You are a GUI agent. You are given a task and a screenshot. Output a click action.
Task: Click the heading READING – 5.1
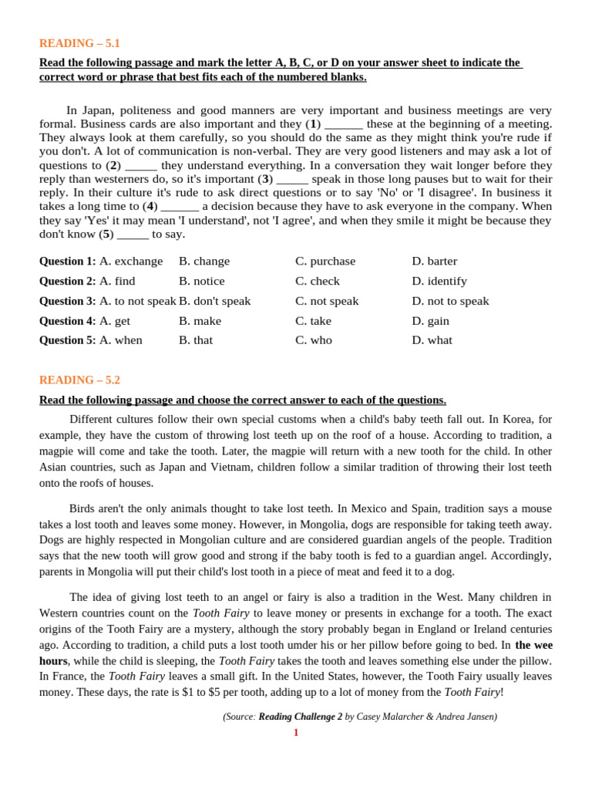79,43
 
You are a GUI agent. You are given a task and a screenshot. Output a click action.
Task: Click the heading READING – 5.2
79,380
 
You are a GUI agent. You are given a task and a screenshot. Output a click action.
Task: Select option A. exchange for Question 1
131,261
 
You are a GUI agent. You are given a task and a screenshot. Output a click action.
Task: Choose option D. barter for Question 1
434,261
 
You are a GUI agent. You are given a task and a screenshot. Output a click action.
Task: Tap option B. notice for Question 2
201,281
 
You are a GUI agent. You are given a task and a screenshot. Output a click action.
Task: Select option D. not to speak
450,301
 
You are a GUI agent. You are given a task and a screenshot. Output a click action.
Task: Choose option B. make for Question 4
200,321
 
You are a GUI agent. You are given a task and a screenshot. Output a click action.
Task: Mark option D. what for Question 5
432,340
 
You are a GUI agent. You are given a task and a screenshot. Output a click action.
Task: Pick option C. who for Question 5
313,340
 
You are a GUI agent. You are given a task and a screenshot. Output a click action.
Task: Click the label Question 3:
68,301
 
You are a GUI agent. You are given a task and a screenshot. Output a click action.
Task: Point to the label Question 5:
68,340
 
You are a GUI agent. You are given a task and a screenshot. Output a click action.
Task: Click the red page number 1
295,732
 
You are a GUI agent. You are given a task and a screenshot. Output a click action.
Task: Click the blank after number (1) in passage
344,123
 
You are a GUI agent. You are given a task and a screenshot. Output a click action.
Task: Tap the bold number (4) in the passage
151,206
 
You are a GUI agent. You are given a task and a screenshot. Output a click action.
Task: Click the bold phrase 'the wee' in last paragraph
533,645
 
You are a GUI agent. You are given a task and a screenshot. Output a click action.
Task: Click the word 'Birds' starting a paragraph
83,508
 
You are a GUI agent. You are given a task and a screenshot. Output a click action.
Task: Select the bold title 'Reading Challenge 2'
300,717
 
